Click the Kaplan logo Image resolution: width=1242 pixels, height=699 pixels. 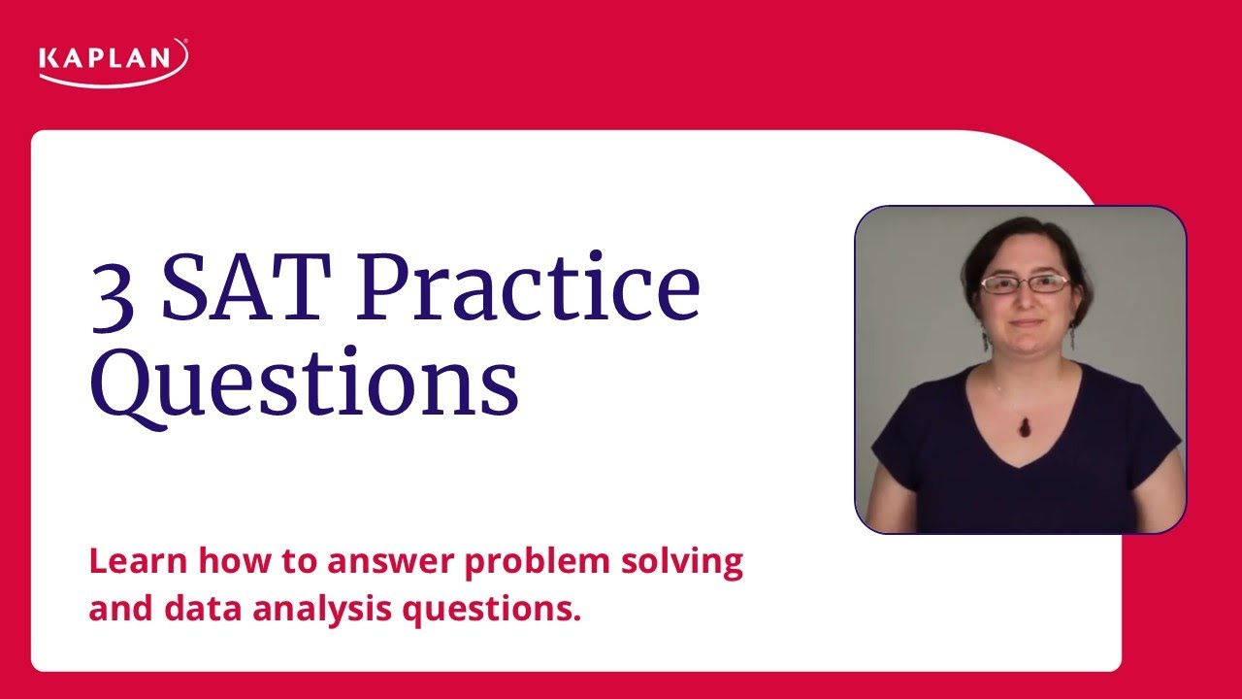click(x=113, y=61)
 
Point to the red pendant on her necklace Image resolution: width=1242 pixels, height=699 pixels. click(x=1022, y=424)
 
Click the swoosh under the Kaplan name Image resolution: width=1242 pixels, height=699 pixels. click(x=113, y=78)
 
